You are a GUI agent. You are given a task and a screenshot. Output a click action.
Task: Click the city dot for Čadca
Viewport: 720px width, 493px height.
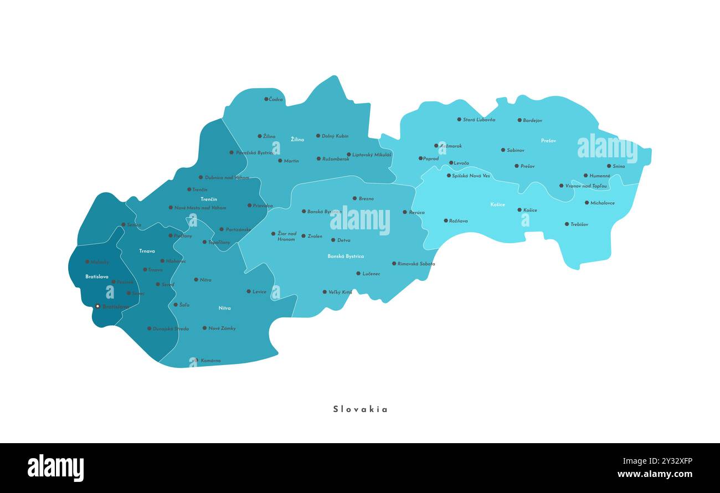point(266,99)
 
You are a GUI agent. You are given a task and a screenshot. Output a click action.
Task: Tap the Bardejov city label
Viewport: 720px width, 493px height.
point(532,120)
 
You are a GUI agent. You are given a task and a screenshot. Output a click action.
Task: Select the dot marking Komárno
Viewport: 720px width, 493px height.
point(197,360)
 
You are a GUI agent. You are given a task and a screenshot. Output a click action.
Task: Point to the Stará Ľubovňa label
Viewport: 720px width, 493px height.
point(479,120)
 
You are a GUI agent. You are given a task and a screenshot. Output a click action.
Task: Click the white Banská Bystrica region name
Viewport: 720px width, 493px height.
point(346,256)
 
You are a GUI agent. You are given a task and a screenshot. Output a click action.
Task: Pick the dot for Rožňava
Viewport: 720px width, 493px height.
point(445,220)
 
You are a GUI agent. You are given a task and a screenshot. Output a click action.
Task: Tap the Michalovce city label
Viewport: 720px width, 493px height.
point(603,203)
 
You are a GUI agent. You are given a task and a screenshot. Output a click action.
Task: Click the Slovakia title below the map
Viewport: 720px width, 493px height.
point(361,409)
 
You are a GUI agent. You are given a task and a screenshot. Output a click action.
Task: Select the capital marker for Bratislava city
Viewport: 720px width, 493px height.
point(97,306)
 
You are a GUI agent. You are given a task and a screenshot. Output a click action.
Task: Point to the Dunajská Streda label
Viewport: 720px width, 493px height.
point(171,328)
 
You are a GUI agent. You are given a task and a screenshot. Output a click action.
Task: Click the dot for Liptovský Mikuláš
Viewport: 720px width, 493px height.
point(348,155)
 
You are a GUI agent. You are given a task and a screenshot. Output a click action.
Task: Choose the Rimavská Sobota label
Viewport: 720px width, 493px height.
point(416,264)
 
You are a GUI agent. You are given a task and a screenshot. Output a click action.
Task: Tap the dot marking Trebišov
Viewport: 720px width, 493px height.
point(567,224)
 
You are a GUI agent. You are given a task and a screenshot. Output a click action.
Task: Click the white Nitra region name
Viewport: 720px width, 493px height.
point(224,308)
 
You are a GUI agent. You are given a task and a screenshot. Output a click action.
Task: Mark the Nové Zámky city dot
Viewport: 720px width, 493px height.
point(204,328)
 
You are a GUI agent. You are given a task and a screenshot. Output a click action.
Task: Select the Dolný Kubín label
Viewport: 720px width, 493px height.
point(335,136)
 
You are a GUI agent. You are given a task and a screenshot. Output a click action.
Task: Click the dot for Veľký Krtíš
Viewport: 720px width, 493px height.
point(325,292)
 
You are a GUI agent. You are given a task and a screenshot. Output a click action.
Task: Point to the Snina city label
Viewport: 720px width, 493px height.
point(619,166)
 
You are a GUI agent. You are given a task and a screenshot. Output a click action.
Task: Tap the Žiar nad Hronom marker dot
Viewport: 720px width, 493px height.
point(273,234)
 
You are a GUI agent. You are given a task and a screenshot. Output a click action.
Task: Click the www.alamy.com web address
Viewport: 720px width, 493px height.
point(655,474)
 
